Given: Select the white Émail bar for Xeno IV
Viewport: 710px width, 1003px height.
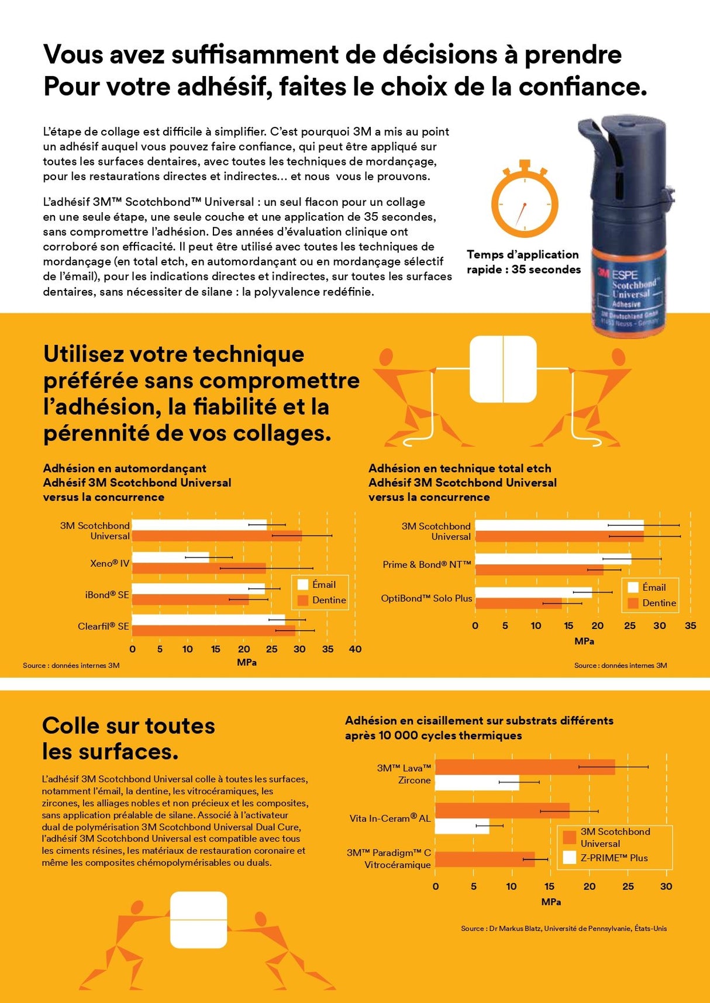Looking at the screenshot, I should pos(171,557).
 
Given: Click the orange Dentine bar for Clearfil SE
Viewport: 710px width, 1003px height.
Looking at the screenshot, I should pos(213,630).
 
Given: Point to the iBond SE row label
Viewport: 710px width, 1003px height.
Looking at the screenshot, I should pos(107,595).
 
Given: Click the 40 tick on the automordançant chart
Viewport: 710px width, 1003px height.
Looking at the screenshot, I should pos(355,649).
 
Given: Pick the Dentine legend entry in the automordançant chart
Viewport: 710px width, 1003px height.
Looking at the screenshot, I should pos(321,600).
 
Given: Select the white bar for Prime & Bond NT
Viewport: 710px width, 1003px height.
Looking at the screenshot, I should pos(553,559).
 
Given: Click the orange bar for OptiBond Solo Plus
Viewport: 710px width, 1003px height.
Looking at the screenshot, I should pos(518,604).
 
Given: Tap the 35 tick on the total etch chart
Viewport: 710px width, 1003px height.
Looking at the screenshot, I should pos(690,625).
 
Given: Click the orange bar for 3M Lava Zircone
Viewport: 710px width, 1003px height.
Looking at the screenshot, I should pos(525,767).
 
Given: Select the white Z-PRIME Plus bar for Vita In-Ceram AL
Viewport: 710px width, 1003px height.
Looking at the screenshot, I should pos(462,826).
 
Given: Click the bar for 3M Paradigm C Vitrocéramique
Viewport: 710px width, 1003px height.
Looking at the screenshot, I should pos(484,859).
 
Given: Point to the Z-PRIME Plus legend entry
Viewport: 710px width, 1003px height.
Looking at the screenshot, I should pos(606,858).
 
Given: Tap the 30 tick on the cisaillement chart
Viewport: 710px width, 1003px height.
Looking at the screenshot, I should pos(666,887).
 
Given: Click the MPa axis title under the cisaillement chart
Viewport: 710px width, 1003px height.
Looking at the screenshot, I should pos(551,902).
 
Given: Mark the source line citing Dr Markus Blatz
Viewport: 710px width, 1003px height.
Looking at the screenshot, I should pos(563,928).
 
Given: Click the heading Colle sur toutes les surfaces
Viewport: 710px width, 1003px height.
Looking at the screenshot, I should pos(128,738).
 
